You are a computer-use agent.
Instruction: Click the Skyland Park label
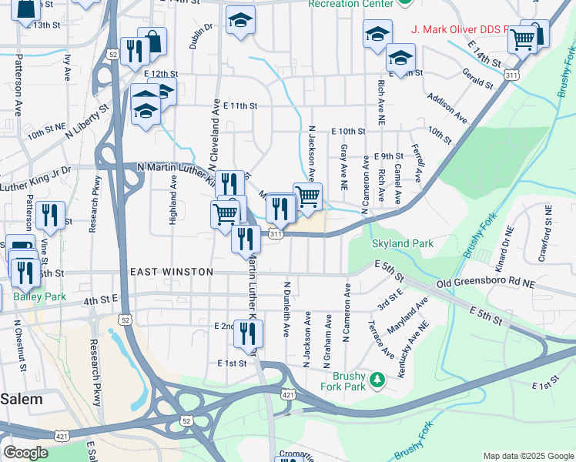[x=402, y=244]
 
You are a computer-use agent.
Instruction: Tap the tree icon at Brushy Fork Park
[x=377, y=379]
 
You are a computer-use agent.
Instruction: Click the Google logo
[x=25, y=453]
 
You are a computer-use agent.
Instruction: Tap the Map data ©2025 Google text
[x=528, y=456]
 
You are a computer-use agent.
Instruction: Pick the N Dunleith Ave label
[x=286, y=309]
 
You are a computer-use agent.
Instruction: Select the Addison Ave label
[x=447, y=109]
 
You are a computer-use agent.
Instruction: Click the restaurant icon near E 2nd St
[x=248, y=333]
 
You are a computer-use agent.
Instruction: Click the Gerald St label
[x=477, y=78]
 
